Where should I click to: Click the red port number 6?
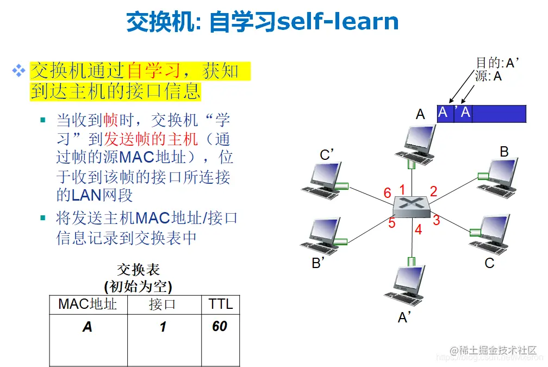[387, 193]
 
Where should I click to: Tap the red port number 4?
[418, 230]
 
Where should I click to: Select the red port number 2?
[433, 191]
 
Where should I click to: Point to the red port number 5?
[391, 223]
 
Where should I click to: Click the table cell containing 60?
[220, 326]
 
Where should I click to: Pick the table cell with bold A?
[88, 327]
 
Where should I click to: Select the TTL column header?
[220, 304]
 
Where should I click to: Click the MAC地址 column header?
[88, 304]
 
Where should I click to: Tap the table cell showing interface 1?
[163, 327]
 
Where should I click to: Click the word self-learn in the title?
[338, 22]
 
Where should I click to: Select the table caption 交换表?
[139, 270]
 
